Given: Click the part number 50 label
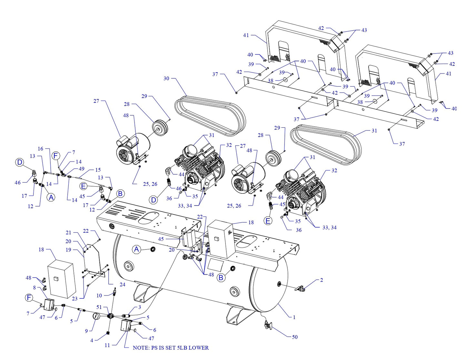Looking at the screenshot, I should tap(294, 337).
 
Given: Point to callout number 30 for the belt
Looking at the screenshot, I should tap(166, 78).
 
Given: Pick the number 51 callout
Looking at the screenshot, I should tap(99, 307).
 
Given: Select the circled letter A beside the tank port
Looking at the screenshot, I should tap(136, 249).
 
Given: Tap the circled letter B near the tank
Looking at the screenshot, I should tap(221, 277).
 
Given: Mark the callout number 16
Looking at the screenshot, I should tap(40, 149).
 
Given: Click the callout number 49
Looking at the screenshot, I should tap(82, 169).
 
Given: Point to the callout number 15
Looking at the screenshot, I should tap(98, 170).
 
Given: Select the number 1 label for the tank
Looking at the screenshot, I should tap(294, 317).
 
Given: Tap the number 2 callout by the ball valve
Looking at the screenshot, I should tap(321, 280).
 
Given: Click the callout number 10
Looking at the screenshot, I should tap(99, 295).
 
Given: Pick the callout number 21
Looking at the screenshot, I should tap(68, 232).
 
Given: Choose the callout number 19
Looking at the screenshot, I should tap(68, 249).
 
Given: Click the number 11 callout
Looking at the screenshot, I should tap(107, 345).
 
